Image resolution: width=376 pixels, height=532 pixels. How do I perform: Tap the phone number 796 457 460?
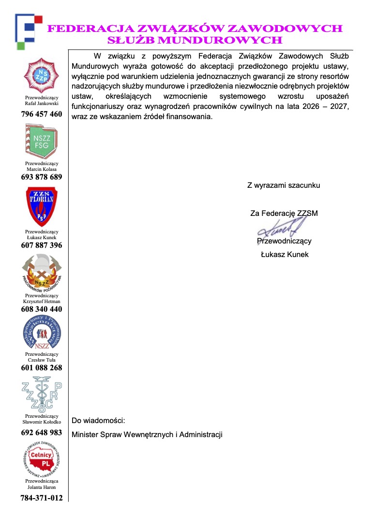tap(42, 114)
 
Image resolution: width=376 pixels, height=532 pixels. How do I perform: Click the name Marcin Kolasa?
tap(42, 169)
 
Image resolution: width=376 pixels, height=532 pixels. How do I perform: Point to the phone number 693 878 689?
tap(42, 177)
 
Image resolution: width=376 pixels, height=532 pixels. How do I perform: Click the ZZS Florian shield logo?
tap(42, 207)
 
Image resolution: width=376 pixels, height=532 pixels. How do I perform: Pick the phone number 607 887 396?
tap(42, 245)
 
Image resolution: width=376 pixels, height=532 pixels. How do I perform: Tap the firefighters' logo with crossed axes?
tap(42, 273)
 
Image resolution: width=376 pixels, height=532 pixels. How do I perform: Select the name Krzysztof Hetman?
tap(42, 301)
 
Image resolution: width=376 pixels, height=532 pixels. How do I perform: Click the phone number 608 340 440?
tap(42, 309)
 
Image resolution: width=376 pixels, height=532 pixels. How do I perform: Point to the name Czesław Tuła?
tap(42, 360)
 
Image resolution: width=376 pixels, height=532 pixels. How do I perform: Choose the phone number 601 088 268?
tap(42, 368)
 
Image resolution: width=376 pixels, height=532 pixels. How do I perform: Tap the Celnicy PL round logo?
tap(42, 459)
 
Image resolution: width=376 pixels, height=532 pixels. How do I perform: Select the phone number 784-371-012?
tap(42, 498)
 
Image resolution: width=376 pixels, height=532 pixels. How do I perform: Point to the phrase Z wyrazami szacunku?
tap(284, 185)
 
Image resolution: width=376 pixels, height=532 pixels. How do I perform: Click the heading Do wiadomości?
tap(98, 420)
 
